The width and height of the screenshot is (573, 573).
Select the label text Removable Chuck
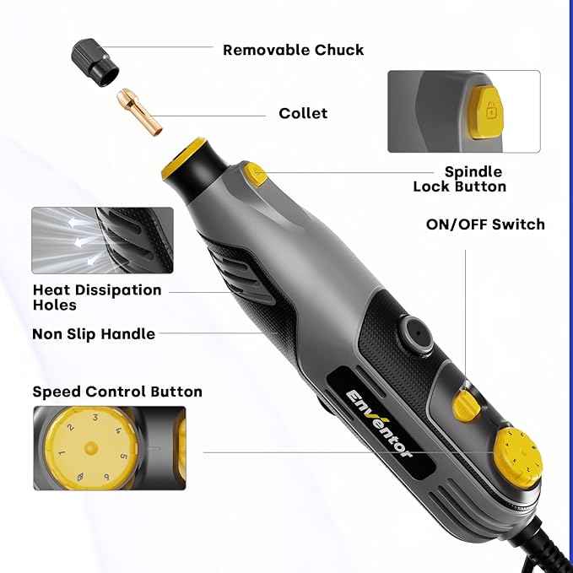293,50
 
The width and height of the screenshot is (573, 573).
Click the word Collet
303,113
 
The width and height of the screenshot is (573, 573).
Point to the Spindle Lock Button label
461,179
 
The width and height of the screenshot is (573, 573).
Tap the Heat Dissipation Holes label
96,297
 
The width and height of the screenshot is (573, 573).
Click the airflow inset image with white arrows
102,241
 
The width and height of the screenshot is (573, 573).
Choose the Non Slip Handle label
94,334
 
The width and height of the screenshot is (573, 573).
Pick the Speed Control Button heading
117,392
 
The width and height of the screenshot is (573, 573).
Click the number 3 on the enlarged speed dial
95,418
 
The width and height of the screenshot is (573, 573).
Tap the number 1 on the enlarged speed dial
61,454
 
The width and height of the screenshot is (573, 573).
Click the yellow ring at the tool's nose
180,161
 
